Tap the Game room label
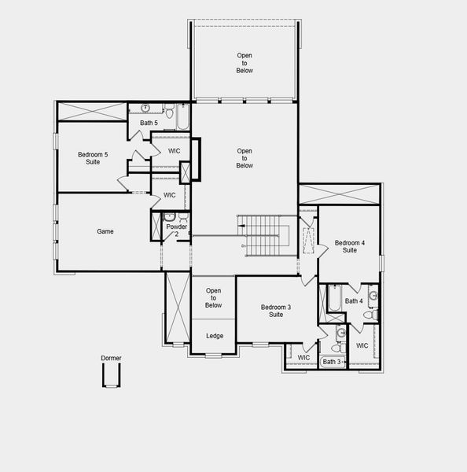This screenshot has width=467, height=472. pyautogui.click(x=105, y=232)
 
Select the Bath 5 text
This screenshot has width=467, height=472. pyautogui.click(x=149, y=124)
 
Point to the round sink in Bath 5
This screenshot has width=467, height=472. pyautogui.click(x=146, y=109)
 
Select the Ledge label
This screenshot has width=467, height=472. pyautogui.click(x=215, y=336)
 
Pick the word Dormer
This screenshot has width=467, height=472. pyautogui.click(x=111, y=359)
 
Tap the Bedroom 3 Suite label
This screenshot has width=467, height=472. pyautogui.click(x=276, y=311)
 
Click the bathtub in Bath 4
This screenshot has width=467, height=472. pyautogui.click(x=333, y=299)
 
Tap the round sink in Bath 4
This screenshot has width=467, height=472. pyautogui.click(x=373, y=297)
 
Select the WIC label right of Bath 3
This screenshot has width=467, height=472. pyautogui.click(x=362, y=346)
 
